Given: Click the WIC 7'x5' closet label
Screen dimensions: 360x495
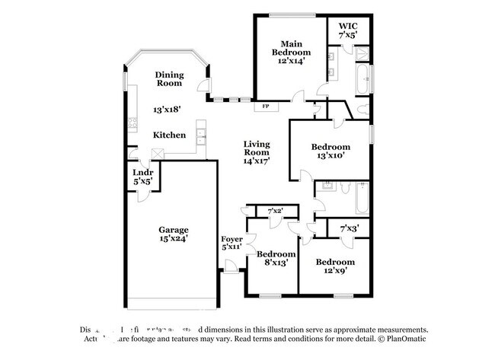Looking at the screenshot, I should click(347, 30).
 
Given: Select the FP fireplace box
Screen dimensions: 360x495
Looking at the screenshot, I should click(266, 107).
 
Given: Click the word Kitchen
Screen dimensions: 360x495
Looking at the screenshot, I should click(169, 135).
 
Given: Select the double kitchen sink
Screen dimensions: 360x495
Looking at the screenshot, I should click(201, 136).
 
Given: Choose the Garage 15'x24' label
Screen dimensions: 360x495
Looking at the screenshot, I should click(174, 234).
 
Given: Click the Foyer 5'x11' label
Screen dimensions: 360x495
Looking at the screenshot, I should click(232, 244).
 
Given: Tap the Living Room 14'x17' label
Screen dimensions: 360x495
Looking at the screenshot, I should click(257, 152).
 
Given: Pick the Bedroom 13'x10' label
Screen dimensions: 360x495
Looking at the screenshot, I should click(331, 151).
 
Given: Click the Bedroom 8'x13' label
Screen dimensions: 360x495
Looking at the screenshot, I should click(275, 258).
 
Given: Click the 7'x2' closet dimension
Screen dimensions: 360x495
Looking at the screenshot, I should click(275, 210).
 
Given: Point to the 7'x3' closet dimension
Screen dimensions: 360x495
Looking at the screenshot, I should click(349, 228).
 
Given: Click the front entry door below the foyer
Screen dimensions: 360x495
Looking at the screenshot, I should click(229, 266).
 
